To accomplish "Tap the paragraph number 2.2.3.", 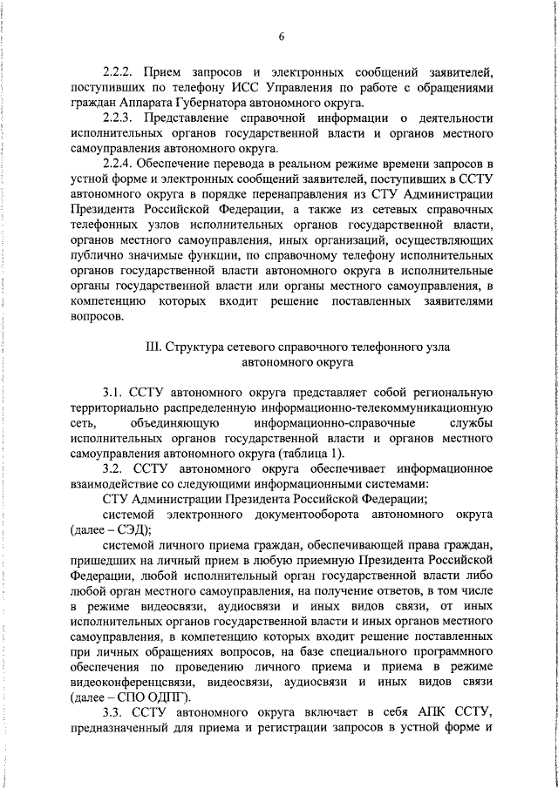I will point(119,118).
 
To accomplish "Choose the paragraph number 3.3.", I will point(113,737).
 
